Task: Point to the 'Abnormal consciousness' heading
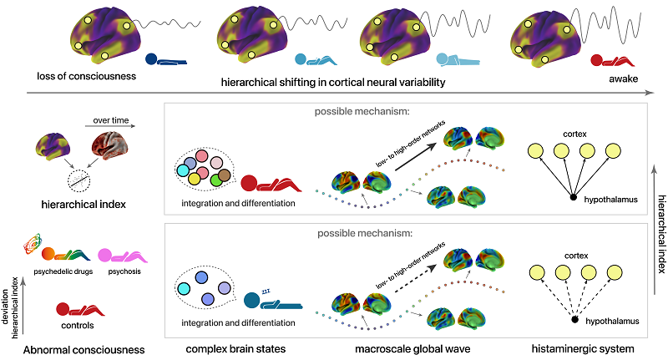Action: tap(76, 349)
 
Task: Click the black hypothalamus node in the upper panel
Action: tap(574, 197)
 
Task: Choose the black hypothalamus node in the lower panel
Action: tap(574, 320)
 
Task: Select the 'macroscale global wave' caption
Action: tap(381, 349)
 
